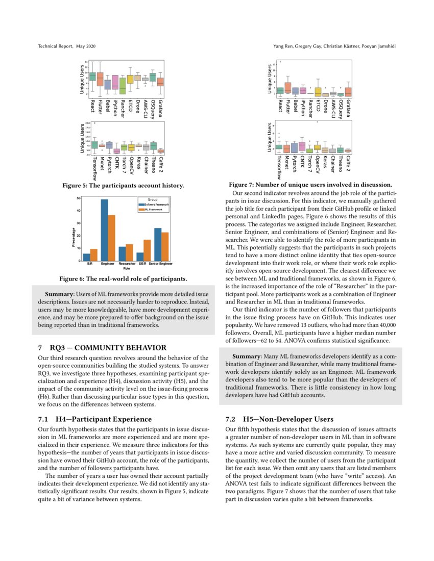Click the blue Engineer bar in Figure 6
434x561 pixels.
click(104, 230)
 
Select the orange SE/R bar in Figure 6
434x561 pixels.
click(147, 250)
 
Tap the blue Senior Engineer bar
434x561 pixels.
click(158, 244)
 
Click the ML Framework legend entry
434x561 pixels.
click(153, 209)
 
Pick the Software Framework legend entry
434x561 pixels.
click(153, 205)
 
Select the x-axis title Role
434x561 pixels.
click(127, 268)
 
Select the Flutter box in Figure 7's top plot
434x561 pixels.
click(287, 88)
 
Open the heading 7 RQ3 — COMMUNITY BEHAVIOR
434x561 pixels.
click(102, 347)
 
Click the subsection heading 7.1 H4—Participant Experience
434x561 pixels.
click(95, 419)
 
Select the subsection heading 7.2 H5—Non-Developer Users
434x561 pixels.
click(279, 419)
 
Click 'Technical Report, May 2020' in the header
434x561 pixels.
click(67, 46)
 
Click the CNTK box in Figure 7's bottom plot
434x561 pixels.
click(302, 146)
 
